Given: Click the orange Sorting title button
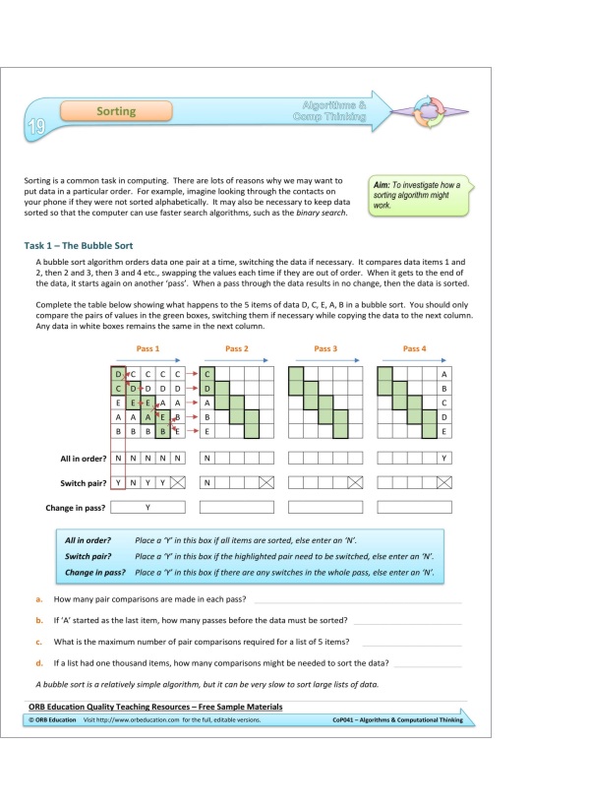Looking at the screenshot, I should (116, 112).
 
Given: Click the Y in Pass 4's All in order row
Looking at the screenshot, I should (444, 459).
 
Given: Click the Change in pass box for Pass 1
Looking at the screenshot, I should (147, 508).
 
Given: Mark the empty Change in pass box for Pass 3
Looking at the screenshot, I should (325, 508).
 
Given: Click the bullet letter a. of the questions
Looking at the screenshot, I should (38, 598).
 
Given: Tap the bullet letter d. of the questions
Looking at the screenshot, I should (38, 662).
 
